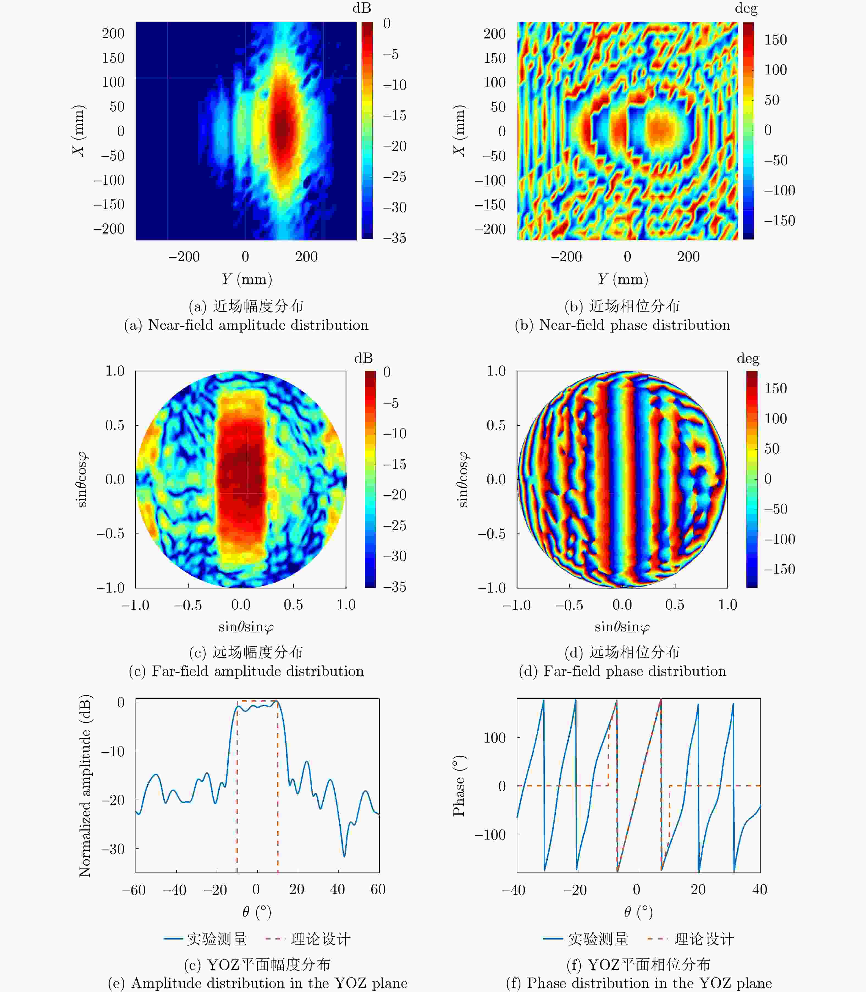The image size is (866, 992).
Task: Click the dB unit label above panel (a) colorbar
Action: pyautogui.click(x=362, y=8)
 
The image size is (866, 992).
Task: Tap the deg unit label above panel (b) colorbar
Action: pyautogui.click(x=746, y=8)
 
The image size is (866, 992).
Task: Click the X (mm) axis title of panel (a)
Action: pyautogui.click(x=78, y=130)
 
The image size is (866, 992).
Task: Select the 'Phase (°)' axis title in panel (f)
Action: pyautogui.click(x=459, y=786)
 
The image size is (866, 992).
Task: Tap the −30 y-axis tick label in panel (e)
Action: pyautogui.click(x=113, y=849)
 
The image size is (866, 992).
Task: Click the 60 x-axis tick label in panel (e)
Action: pyautogui.click(x=378, y=889)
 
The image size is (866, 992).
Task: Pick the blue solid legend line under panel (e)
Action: pyautogui.click(x=173, y=939)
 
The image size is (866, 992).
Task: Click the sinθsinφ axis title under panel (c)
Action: pyautogui.click(x=246, y=627)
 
